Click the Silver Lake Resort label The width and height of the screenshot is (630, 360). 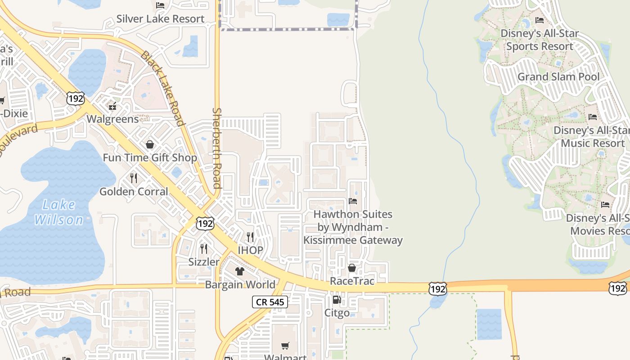[160, 19]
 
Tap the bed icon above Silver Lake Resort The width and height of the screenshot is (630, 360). [160, 5]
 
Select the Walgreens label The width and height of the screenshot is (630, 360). [112, 119]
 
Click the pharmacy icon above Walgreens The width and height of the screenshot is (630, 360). [112, 106]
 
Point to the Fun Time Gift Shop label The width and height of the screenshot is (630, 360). [150, 157]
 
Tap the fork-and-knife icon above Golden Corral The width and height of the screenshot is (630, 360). [134, 178]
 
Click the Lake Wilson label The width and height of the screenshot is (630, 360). [59, 212]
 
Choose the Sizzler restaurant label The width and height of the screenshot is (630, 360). [204, 262]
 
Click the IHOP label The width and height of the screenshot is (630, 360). [250, 250]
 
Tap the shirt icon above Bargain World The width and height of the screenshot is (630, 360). [239, 271]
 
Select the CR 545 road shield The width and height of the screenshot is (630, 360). [270, 302]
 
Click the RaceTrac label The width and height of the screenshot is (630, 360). [352, 281]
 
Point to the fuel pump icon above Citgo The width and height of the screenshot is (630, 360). [337, 300]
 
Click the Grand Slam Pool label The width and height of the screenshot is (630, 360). [558, 77]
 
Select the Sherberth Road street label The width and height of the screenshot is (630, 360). [217, 148]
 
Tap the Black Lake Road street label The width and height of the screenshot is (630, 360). [162, 88]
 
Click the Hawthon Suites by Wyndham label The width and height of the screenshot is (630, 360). [353, 227]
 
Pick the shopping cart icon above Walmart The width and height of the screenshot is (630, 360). [285, 346]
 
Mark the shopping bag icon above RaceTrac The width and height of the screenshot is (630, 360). [352, 268]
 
